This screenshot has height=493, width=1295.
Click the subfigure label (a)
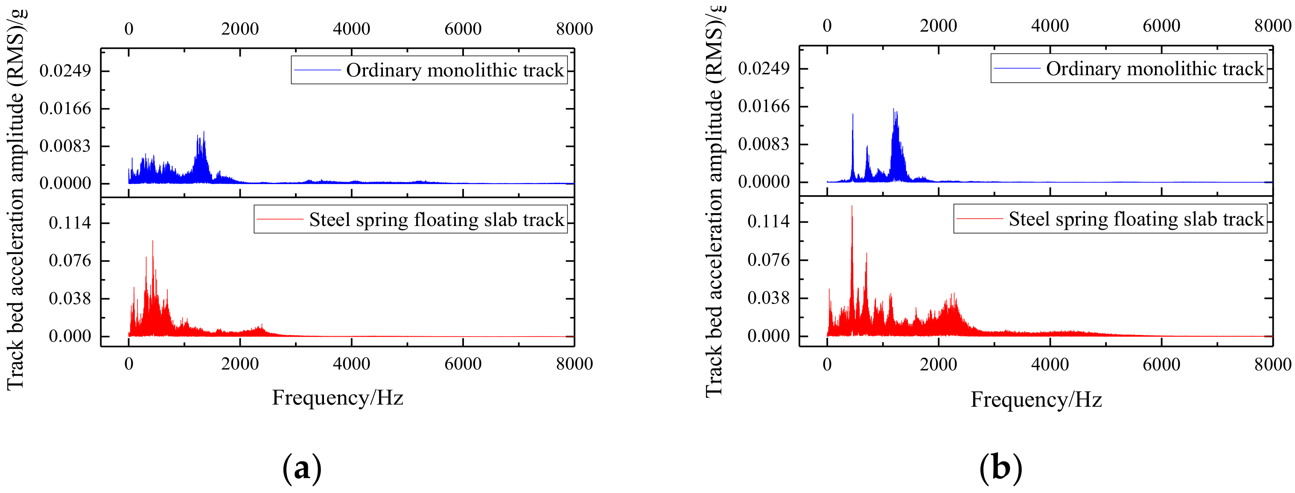[x=302, y=468]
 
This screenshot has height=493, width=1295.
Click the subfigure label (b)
[x=1000, y=468]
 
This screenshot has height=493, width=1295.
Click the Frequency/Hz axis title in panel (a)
[x=337, y=398]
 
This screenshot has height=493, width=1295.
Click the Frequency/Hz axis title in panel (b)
[x=1036, y=400]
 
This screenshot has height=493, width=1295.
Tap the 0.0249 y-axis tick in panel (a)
[x=65, y=71]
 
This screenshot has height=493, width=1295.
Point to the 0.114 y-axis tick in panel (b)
[x=768, y=221]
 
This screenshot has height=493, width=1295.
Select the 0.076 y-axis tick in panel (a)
[x=70, y=261]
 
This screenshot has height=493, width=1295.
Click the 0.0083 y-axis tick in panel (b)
[x=764, y=144]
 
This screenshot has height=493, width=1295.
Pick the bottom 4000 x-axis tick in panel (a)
[x=351, y=364]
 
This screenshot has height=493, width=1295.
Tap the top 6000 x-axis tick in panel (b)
[x=1161, y=26]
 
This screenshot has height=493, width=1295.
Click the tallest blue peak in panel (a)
[x=204, y=132]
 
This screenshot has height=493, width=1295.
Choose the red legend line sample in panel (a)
[x=280, y=219]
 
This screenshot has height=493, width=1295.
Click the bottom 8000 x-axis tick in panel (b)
[x=1272, y=364]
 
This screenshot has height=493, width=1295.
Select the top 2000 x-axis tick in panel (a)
[x=240, y=29]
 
